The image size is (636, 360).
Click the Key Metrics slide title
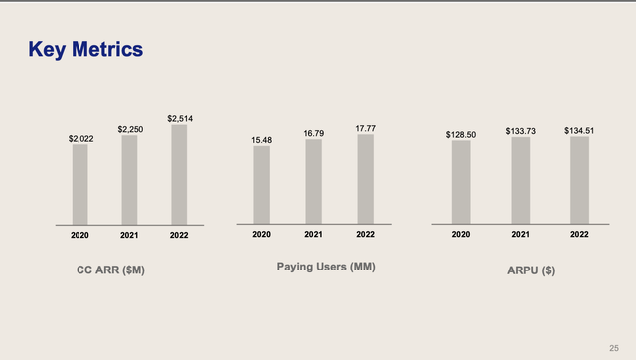tap(85, 49)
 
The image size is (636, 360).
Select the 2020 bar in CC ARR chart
tap(80, 184)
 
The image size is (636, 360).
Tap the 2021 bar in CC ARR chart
tap(129, 179)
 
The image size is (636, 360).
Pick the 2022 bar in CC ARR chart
tap(179, 174)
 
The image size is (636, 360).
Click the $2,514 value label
tap(179, 119)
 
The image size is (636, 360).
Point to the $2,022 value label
tap(80, 139)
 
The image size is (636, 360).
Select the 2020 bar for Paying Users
tap(261, 185)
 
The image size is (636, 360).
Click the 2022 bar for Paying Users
tap(365, 179)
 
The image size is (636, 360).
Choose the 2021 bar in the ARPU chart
tap(520, 180)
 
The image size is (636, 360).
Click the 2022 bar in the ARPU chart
tap(580, 180)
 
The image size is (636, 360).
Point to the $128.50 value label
tap(460, 132)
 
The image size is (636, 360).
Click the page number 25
tap(613, 346)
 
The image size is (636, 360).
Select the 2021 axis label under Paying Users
tap(313, 234)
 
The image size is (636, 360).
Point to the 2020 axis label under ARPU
tap(460, 234)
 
